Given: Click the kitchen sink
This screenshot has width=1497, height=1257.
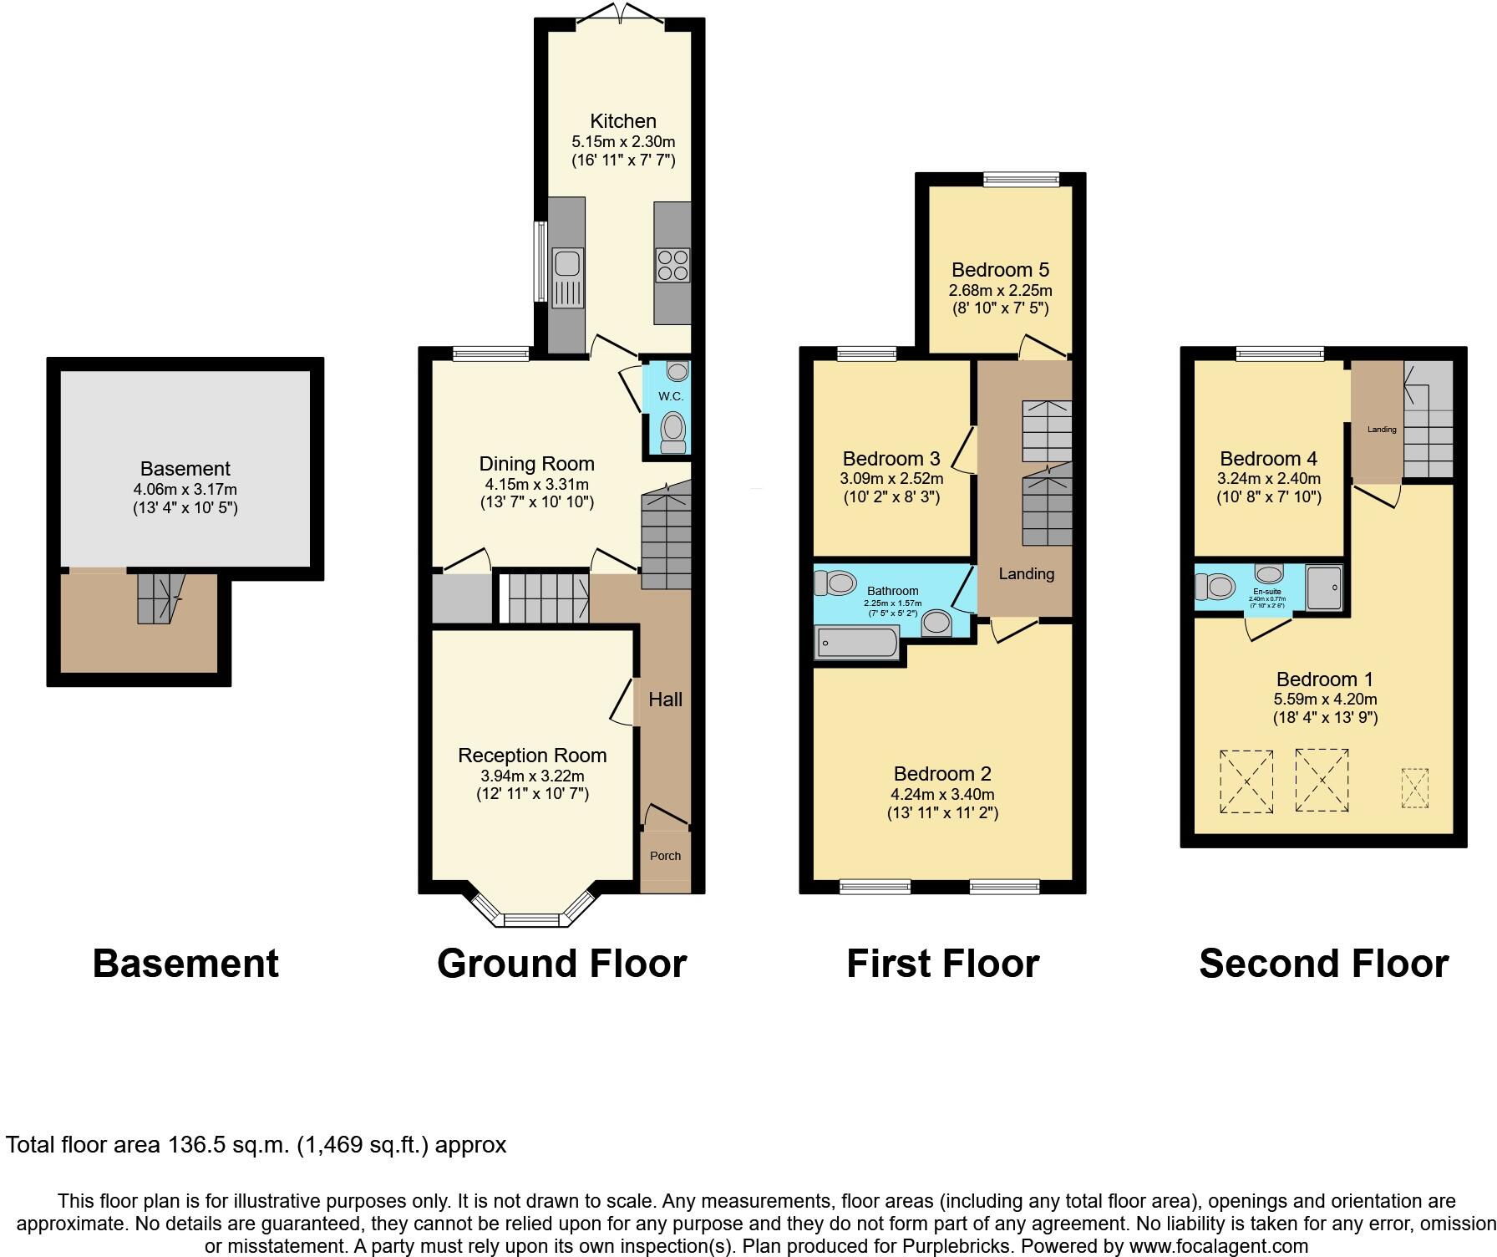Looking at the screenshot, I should (567, 264).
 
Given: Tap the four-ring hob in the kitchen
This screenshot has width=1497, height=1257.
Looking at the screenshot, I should (672, 265).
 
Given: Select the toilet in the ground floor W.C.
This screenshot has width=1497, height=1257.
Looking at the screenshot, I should (672, 432).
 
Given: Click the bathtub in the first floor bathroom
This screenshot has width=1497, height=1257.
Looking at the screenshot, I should (856, 643).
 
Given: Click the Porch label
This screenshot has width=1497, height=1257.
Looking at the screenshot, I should (665, 856).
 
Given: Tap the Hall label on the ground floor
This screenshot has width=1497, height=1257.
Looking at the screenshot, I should (665, 700).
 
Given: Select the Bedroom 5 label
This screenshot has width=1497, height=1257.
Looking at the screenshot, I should (1000, 270).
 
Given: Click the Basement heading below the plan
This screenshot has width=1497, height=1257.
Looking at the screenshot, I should (185, 963).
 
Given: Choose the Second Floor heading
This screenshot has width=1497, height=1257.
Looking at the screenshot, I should (1323, 963).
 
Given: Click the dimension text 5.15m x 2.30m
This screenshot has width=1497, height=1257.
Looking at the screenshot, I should (623, 142).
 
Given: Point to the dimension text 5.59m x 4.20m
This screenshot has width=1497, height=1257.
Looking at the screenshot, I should (1325, 700).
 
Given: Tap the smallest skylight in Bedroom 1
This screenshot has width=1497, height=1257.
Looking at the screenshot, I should (1414, 787).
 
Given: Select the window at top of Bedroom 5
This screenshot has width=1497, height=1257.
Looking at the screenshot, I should (1021, 178).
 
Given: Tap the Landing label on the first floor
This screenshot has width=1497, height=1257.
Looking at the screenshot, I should (1026, 574).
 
